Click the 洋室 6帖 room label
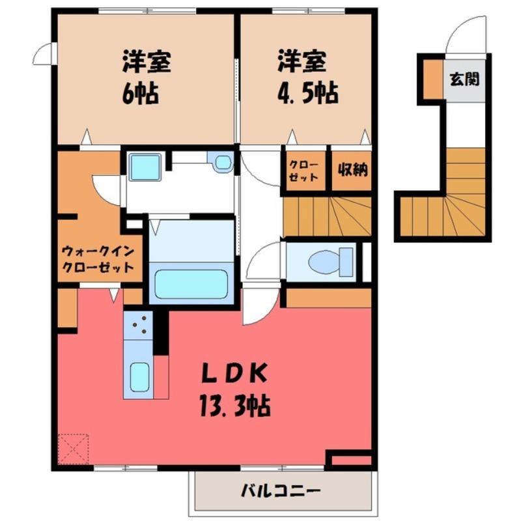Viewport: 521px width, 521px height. coord(145,79)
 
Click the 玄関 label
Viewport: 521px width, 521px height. coord(464,79)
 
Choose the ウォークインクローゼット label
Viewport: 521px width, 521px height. coord(98,259)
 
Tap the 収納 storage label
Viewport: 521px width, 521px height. coord(352,170)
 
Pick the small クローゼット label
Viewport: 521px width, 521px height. coord(304,171)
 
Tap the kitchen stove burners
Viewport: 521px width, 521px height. coord(138,324)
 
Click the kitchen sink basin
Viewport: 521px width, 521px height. coord(139,376)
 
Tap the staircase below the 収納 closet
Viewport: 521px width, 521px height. coord(326,215)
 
